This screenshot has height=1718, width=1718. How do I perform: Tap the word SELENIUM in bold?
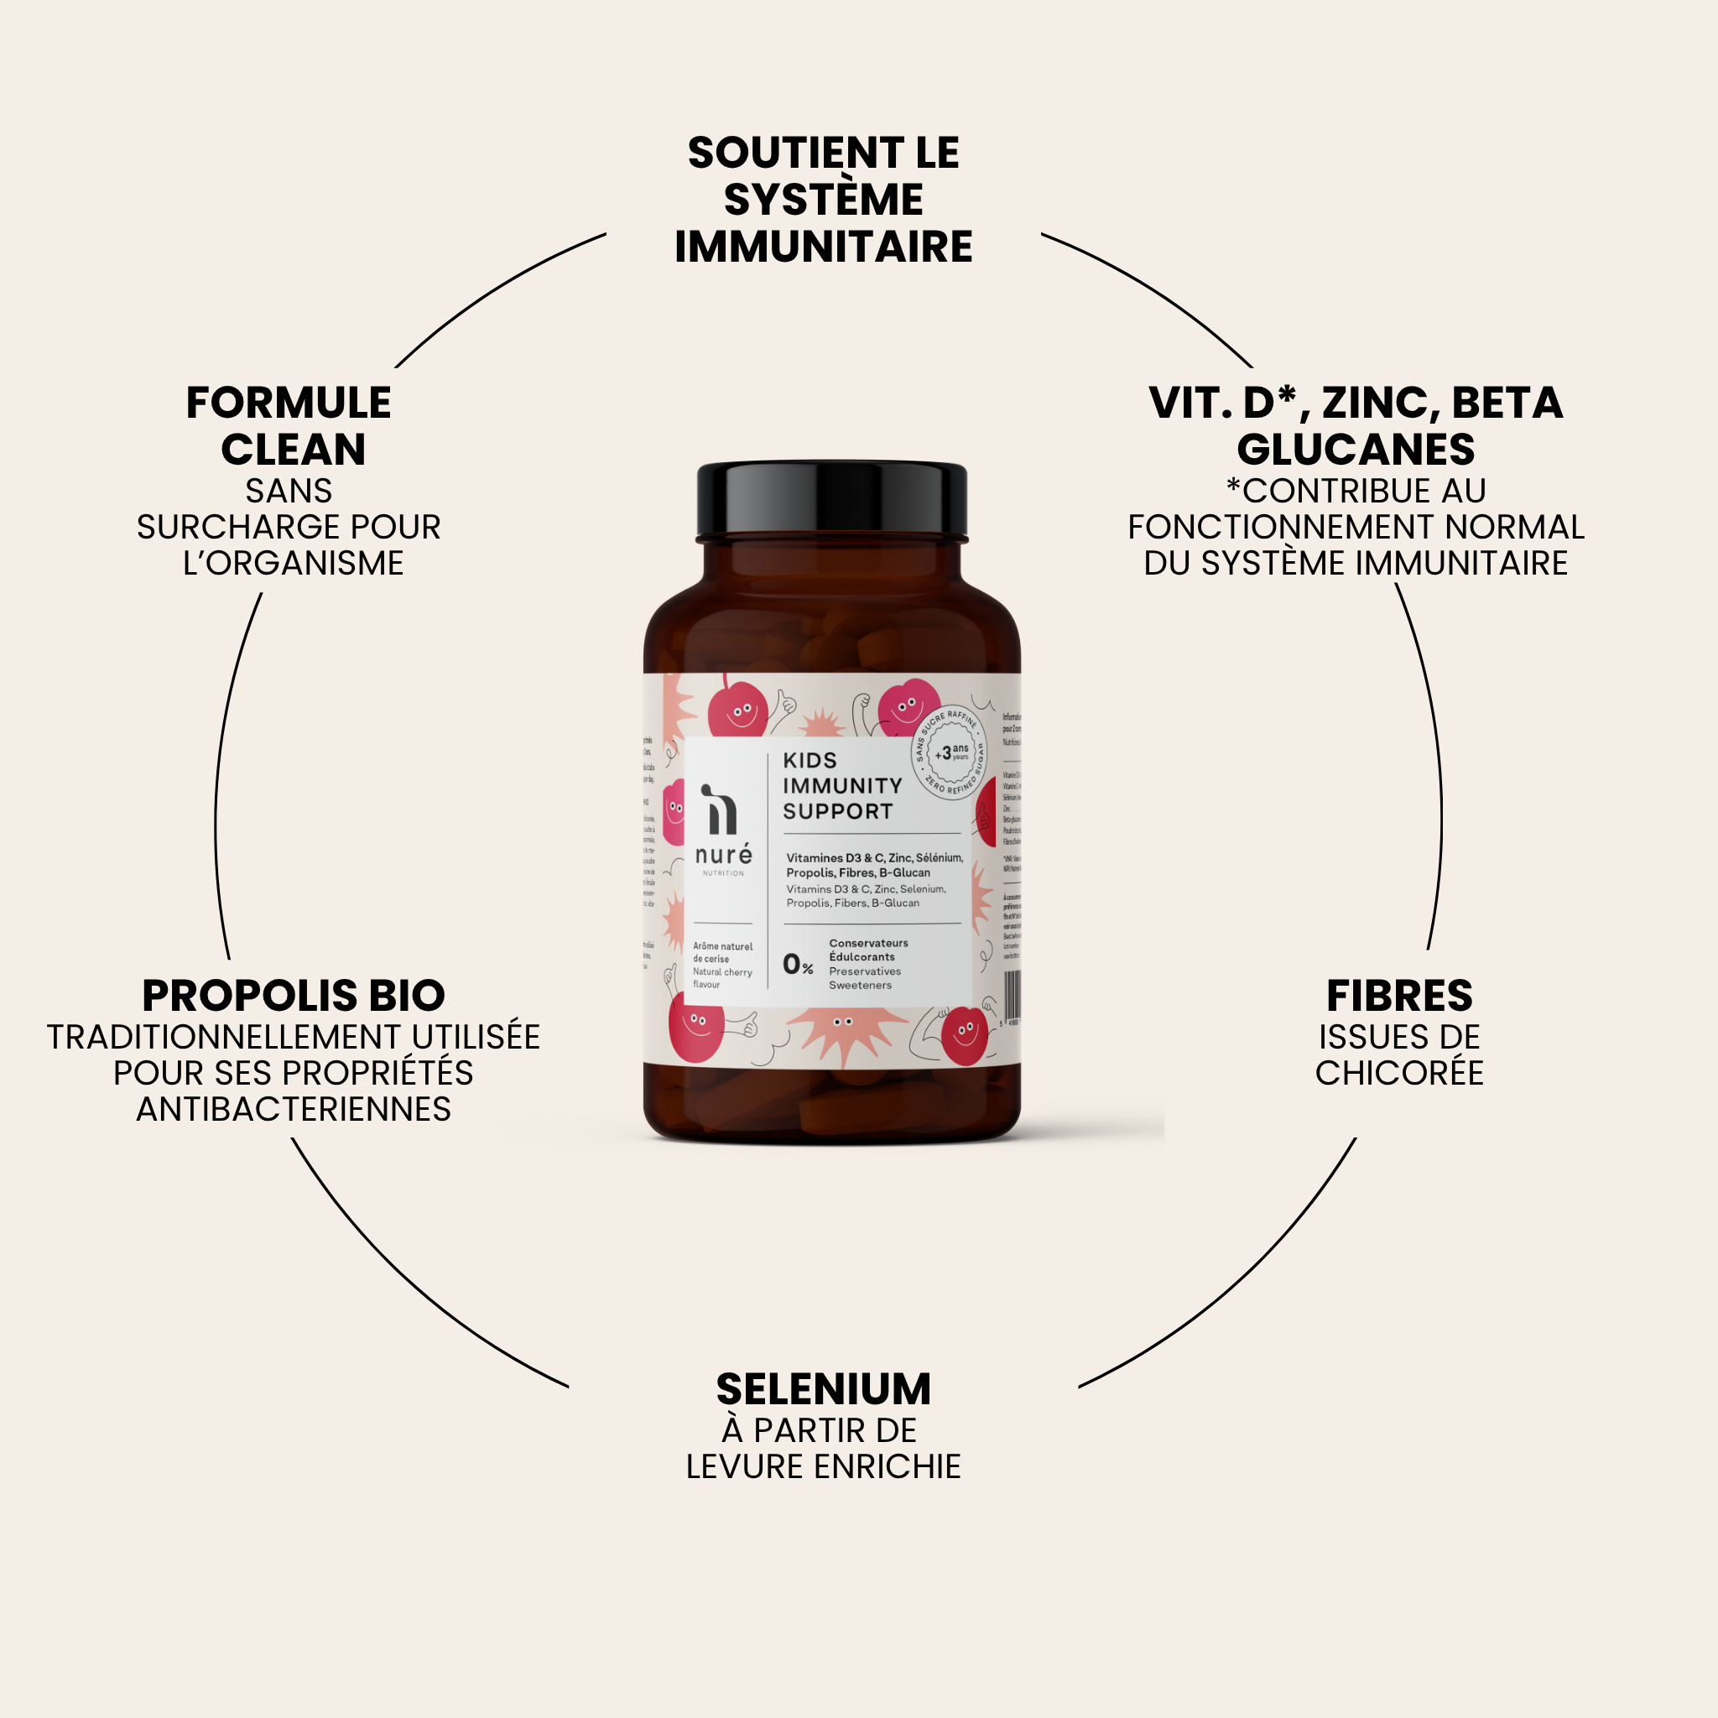click(x=824, y=1389)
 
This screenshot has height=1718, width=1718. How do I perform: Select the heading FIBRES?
click(x=1398, y=996)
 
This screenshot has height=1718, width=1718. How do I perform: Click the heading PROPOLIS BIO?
click(x=294, y=996)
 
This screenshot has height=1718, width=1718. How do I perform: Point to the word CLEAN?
click(x=294, y=449)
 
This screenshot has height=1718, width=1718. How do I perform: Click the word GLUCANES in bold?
click(x=1356, y=449)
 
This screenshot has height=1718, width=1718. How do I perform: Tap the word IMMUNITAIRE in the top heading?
click(x=824, y=247)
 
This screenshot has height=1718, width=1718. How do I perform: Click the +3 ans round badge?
click(x=950, y=753)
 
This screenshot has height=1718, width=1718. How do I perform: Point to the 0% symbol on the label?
click(x=798, y=964)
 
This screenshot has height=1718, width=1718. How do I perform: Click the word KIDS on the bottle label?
click(x=810, y=760)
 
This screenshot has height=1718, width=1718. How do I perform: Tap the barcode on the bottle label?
click(x=1012, y=995)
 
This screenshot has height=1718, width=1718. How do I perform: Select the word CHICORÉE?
click(x=1398, y=1073)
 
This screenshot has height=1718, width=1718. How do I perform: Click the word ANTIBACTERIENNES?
click(x=294, y=1110)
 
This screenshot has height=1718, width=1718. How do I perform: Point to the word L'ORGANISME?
click(x=294, y=563)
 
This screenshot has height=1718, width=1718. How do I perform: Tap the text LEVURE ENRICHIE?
click(x=824, y=1466)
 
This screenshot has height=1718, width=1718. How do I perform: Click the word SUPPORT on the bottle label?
click(x=838, y=811)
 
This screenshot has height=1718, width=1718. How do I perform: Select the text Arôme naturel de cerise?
click(x=722, y=952)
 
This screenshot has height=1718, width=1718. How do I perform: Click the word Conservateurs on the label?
click(x=868, y=943)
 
